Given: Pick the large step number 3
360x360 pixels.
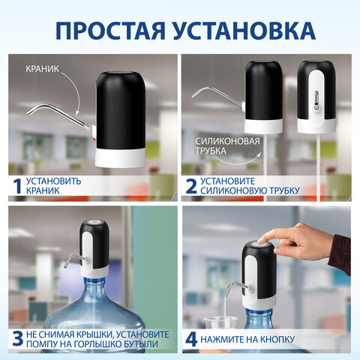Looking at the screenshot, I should tap(14, 338).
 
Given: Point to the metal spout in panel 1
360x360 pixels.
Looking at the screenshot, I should tap(52, 111).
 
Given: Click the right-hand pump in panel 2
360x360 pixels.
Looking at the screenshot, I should tap(314, 97).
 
